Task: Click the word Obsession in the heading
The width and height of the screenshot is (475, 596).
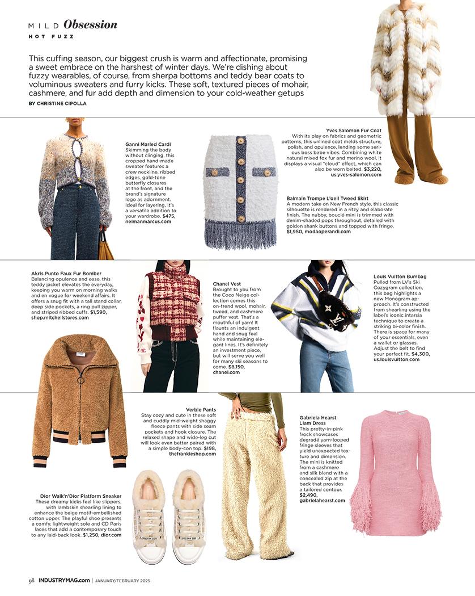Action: coord(90,24)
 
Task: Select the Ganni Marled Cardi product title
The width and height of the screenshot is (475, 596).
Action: coord(148,144)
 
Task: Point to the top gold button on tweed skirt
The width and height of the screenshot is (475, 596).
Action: coord(241,141)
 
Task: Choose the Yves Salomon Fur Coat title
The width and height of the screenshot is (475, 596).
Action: coord(354,131)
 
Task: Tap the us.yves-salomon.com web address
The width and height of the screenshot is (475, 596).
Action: coord(356,175)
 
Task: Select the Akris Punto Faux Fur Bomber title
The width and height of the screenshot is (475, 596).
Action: coord(66,274)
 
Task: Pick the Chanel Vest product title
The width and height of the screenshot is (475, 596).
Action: coord(227,284)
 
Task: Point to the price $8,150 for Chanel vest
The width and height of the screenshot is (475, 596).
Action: coord(239,367)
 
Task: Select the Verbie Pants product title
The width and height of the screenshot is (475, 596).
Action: coord(201,409)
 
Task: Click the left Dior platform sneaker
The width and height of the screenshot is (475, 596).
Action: coord(149,517)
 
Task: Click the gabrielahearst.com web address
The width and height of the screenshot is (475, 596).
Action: coord(322,501)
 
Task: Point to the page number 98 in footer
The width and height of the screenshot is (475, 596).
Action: coord(32,580)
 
